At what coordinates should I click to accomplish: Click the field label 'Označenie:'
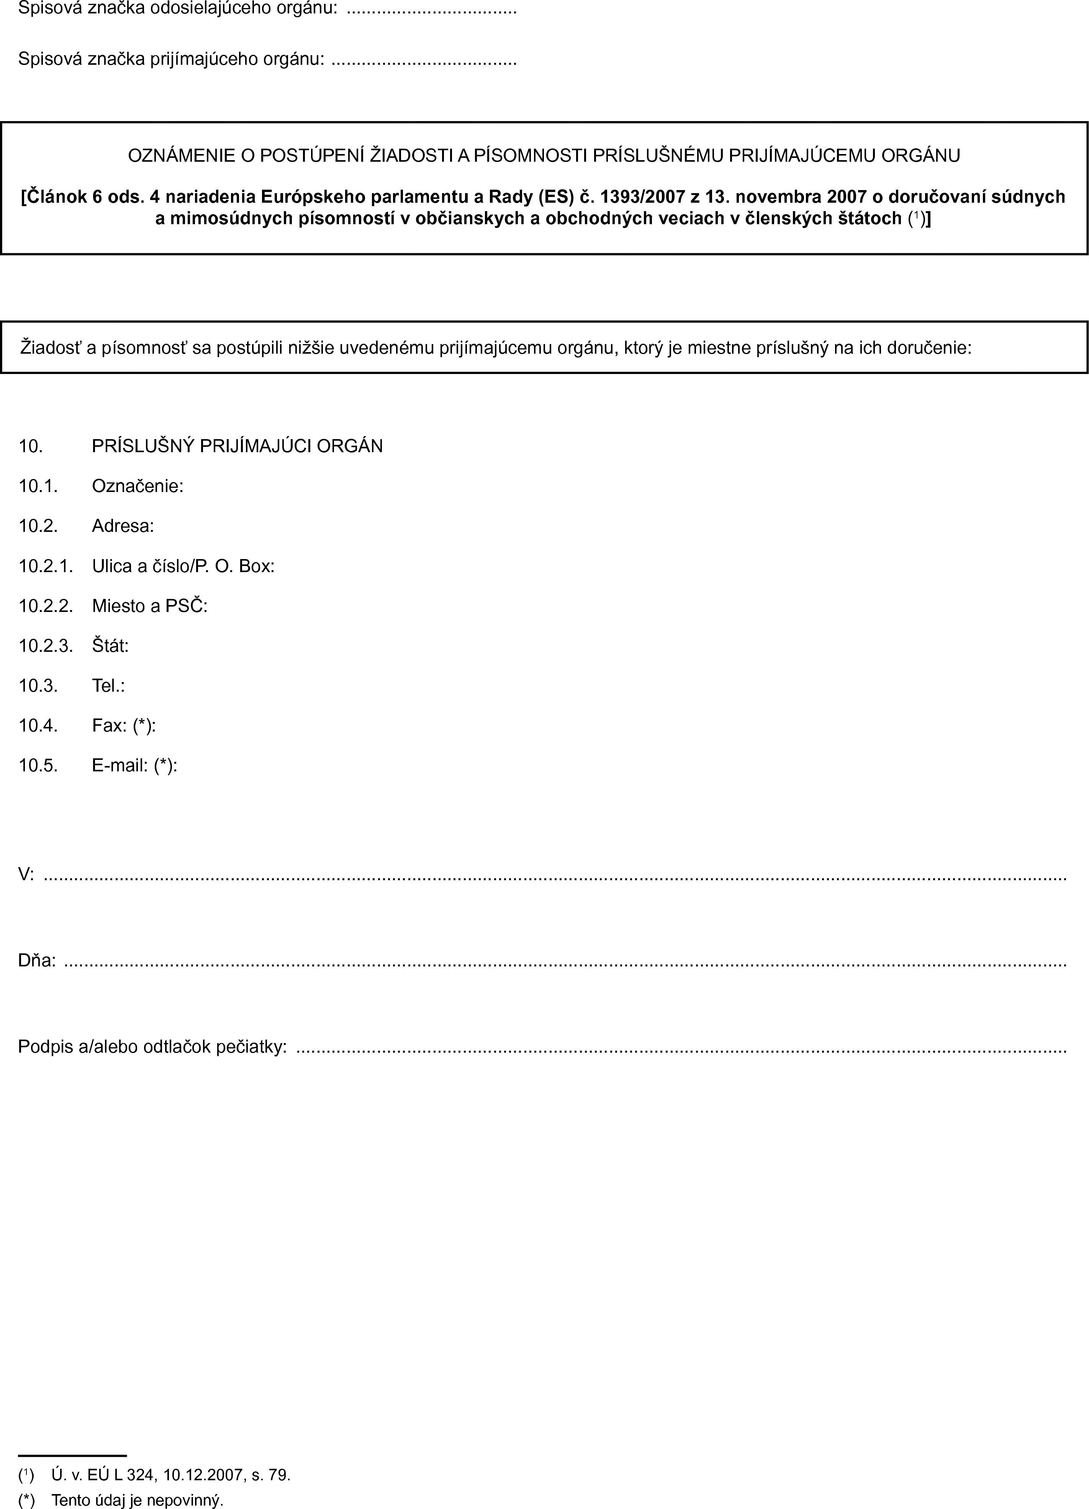pos(138,486)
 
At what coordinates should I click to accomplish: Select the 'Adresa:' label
pos(123,526)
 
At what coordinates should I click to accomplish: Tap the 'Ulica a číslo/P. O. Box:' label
pos(183,566)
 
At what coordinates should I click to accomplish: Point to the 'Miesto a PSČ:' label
pos(150,606)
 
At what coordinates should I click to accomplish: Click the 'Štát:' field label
pos(110,646)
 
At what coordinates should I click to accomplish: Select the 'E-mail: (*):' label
pos(134,766)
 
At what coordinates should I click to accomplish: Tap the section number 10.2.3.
pos(45,646)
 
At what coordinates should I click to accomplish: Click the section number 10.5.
pos(38,766)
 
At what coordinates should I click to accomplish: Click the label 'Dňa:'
pos(37,960)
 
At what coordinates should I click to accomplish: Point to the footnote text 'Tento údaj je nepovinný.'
pos(138,1500)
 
